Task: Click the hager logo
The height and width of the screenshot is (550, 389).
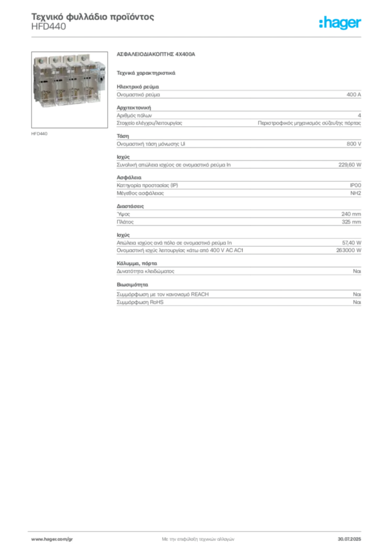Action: (x=340, y=23)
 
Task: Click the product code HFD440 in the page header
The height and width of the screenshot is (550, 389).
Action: (x=48, y=27)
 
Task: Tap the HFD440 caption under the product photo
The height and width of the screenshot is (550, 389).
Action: (x=39, y=134)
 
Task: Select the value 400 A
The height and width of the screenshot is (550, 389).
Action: (x=354, y=95)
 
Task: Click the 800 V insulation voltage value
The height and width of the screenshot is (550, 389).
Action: (x=354, y=144)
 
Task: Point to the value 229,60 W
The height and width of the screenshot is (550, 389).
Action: (x=350, y=164)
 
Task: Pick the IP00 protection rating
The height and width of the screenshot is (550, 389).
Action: (x=355, y=185)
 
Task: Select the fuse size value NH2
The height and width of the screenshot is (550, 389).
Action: (x=356, y=193)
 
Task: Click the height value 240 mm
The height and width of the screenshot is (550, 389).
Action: (x=351, y=214)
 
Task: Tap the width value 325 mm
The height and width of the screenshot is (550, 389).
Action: (x=351, y=222)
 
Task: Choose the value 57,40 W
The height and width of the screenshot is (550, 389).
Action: (x=351, y=243)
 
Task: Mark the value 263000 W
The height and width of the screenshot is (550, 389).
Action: (x=349, y=250)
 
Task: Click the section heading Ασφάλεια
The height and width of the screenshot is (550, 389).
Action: (x=129, y=177)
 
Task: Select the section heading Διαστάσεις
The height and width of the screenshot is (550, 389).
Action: (x=130, y=206)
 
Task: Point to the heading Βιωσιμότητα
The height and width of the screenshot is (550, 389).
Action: (x=132, y=285)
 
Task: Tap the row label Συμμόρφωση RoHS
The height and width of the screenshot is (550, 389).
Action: (x=140, y=302)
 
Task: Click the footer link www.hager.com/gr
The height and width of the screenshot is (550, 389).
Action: (x=52, y=539)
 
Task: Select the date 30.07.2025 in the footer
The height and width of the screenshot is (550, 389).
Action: (x=349, y=539)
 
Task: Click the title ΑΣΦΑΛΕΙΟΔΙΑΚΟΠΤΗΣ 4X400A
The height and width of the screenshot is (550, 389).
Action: (x=156, y=54)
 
